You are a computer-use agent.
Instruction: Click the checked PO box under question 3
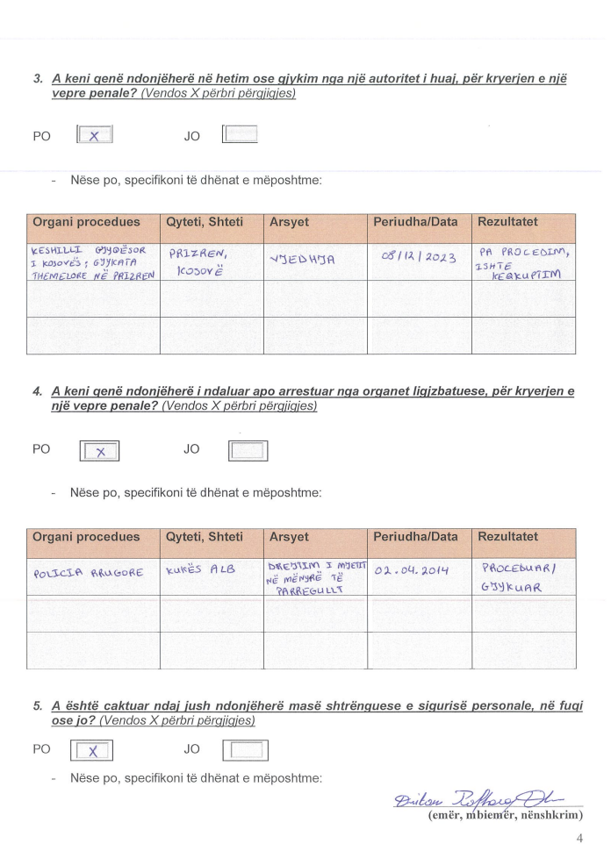click(95, 136)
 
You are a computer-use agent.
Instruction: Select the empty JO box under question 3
click(241, 135)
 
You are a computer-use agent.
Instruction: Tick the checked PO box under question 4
click(99, 451)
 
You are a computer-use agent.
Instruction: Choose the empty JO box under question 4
click(248, 451)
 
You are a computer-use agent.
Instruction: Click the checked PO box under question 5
click(92, 751)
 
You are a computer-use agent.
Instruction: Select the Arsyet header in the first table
click(289, 223)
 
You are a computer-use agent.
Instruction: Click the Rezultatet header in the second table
click(507, 537)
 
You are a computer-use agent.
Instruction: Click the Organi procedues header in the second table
click(86, 537)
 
